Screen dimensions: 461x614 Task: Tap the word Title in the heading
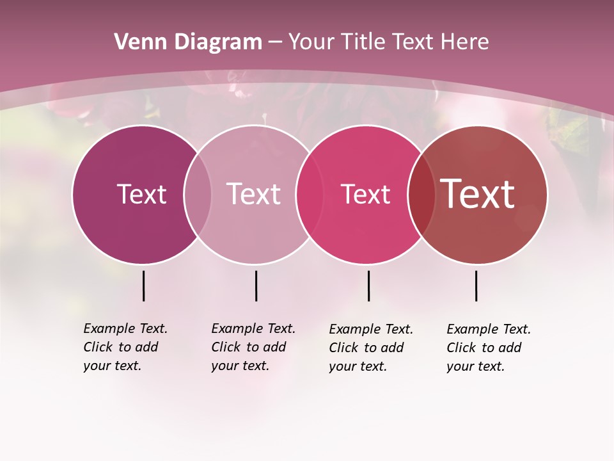coord(362,42)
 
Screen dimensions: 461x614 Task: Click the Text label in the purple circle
coord(141,195)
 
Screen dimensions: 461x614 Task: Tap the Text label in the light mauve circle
coord(253,195)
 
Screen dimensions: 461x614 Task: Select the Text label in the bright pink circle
coord(365,195)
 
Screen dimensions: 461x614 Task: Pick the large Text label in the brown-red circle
coord(478,194)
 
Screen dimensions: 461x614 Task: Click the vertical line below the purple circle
coord(143,286)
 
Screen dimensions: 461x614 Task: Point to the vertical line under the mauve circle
coord(256,286)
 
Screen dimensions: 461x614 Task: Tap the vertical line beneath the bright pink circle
coord(368,286)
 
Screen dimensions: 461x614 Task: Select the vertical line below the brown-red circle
coord(476,286)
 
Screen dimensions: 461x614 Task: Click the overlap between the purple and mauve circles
coord(198,195)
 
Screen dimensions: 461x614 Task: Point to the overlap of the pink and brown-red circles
coord(422,195)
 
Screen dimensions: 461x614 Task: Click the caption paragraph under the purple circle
coord(125,347)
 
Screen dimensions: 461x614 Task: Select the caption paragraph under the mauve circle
coord(253,347)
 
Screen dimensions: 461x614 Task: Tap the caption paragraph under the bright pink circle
coord(371,348)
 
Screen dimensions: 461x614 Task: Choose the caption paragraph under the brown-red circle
coord(489,348)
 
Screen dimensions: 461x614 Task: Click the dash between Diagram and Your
coord(275,42)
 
